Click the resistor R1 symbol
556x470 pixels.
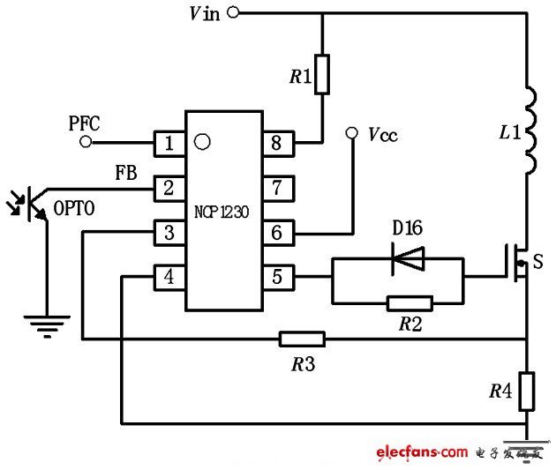click(321, 75)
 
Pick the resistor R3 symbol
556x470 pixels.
click(302, 339)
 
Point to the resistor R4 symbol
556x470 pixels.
click(527, 392)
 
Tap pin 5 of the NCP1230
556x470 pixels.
click(277, 278)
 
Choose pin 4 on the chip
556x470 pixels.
click(169, 278)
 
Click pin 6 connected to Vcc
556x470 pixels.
click(277, 233)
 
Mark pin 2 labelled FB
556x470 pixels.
click(169, 187)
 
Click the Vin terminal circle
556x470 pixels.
click(233, 12)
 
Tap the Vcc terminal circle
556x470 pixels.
click(351, 134)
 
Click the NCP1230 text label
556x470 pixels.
click(223, 212)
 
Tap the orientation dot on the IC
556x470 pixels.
click(202, 139)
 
